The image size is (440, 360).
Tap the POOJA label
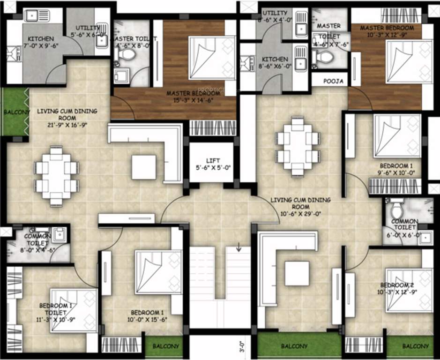(333, 81)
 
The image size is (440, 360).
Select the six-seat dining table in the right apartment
(298, 146)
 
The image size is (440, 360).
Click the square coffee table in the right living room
(297, 273)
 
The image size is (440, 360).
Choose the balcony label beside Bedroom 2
(415, 346)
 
